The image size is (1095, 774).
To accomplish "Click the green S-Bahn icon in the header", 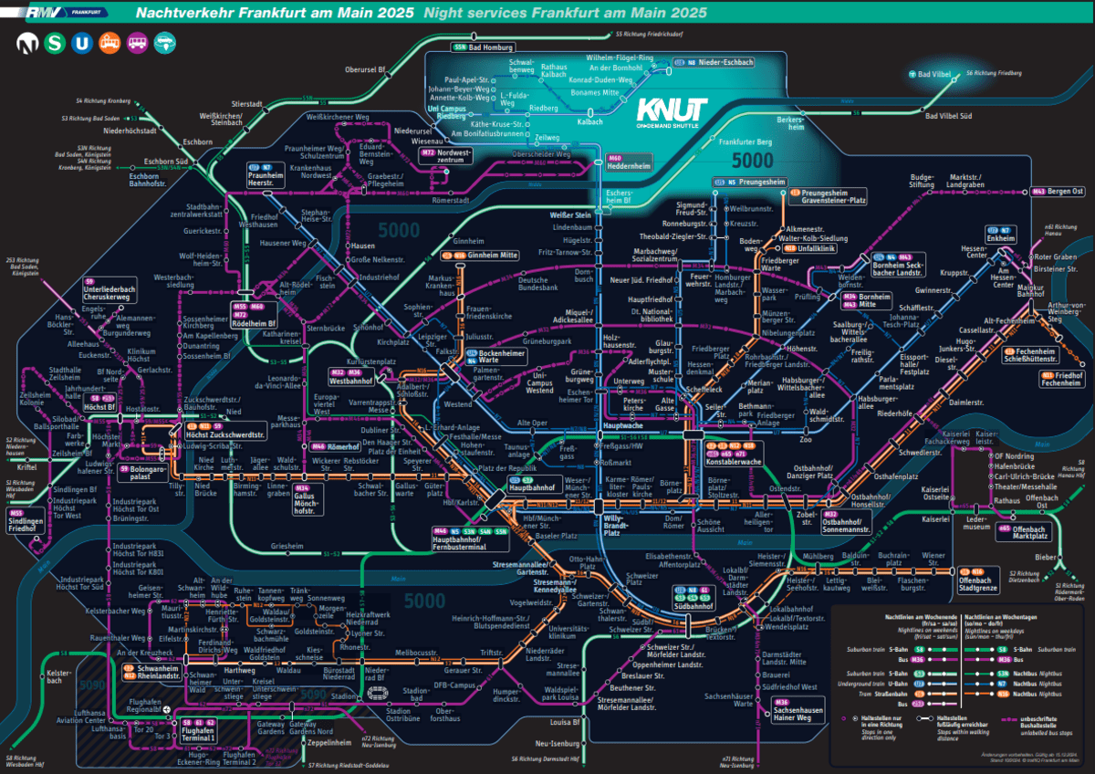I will (56, 41).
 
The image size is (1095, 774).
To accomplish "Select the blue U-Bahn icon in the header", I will (82, 41).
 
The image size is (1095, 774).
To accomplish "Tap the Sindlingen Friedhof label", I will (27, 523).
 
